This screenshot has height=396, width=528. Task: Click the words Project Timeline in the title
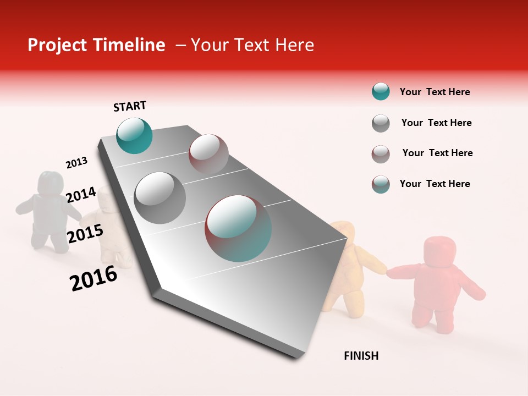[96, 45]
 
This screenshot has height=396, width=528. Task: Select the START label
[130, 106]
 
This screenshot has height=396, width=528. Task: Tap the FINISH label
[361, 356]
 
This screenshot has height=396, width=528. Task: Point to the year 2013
[76, 163]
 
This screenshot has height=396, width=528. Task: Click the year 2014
[81, 195]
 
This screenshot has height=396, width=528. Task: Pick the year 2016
[94, 278]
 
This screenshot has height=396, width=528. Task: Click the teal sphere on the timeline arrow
[134, 135]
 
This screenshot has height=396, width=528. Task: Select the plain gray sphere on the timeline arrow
[160, 197]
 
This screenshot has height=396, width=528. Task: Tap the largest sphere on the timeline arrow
[238, 228]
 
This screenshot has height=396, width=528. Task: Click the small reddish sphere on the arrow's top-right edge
[208, 153]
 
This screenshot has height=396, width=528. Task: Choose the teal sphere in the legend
[381, 92]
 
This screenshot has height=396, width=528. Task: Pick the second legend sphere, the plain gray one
[381, 123]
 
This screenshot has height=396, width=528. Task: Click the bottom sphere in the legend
[381, 184]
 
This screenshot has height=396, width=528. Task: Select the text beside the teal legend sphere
[435, 92]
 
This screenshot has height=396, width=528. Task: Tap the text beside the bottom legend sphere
[435, 184]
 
